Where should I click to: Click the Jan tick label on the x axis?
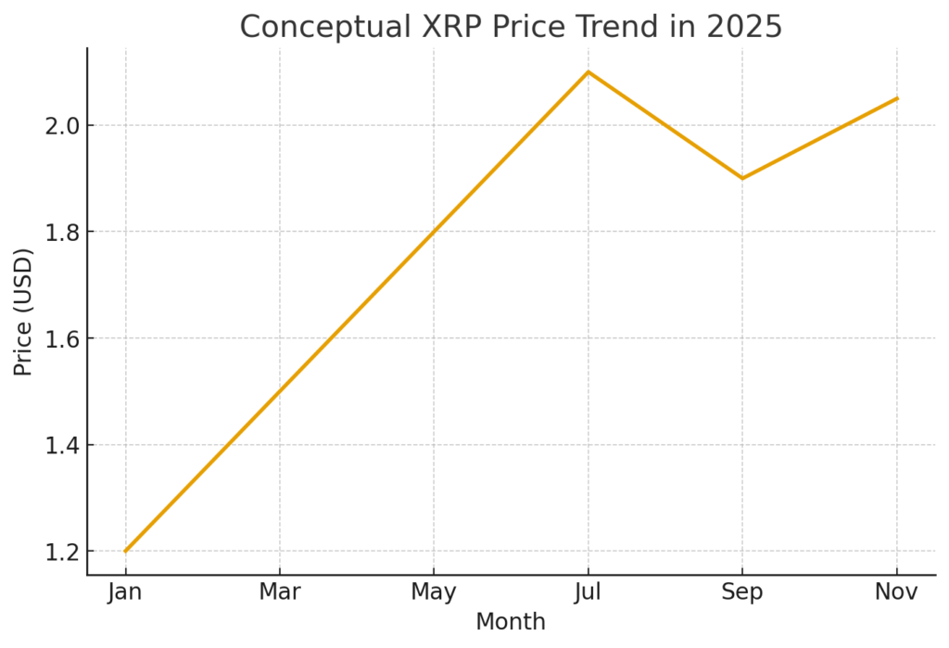(x=125, y=592)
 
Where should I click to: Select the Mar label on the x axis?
(x=280, y=592)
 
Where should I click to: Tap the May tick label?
(x=434, y=592)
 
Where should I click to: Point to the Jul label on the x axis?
(x=588, y=592)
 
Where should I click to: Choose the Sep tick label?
(x=742, y=592)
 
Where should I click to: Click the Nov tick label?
(x=897, y=592)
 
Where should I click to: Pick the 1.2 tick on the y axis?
(x=61, y=552)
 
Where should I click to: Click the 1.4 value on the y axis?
(x=61, y=445)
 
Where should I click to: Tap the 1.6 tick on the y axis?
(x=61, y=338)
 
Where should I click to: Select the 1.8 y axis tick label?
(x=61, y=232)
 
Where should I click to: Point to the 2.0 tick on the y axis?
(x=61, y=125)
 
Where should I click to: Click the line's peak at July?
(x=588, y=71)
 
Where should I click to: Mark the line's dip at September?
(x=742, y=178)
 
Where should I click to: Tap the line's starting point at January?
(x=125, y=552)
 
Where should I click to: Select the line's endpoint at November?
(x=897, y=98)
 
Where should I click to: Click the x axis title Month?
(x=511, y=621)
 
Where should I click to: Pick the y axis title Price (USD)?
(x=23, y=311)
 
